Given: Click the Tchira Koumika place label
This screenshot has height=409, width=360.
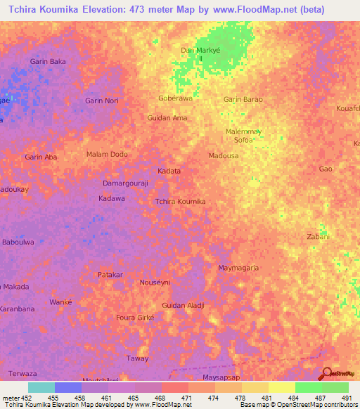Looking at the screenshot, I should (x=180, y=202).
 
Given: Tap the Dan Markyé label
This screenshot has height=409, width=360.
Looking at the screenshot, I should (x=197, y=51).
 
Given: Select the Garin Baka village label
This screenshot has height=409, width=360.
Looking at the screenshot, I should (x=48, y=62).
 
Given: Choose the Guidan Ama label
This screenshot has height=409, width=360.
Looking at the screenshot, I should (x=167, y=118).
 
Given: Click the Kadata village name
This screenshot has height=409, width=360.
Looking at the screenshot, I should (x=169, y=171).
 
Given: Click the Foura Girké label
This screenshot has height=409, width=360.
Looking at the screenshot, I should (x=134, y=318).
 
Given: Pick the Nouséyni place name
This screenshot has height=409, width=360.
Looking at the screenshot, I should (x=155, y=282).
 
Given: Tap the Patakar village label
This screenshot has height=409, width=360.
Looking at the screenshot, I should (x=110, y=275).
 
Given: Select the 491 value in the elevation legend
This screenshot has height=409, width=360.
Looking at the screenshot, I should (x=345, y=398).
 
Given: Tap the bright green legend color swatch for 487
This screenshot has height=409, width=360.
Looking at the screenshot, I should (x=308, y=387).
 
